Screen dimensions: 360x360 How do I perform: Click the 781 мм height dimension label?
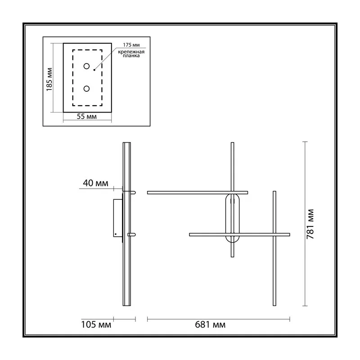pos(310,224)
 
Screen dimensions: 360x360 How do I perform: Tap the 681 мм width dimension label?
pos(210,324)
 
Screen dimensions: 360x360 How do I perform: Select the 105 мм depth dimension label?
pos(96,324)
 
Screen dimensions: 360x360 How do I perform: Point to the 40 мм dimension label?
pos(95,183)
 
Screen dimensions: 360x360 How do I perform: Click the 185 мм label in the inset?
pos(49,80)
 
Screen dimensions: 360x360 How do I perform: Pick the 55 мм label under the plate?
pos(86,117)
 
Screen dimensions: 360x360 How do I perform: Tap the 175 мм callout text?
pos(131,45)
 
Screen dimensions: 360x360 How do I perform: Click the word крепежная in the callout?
pos(131,52)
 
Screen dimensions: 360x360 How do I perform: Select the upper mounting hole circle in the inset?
pos(86,66)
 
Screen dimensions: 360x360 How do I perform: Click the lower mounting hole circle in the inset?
pos(86,89)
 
